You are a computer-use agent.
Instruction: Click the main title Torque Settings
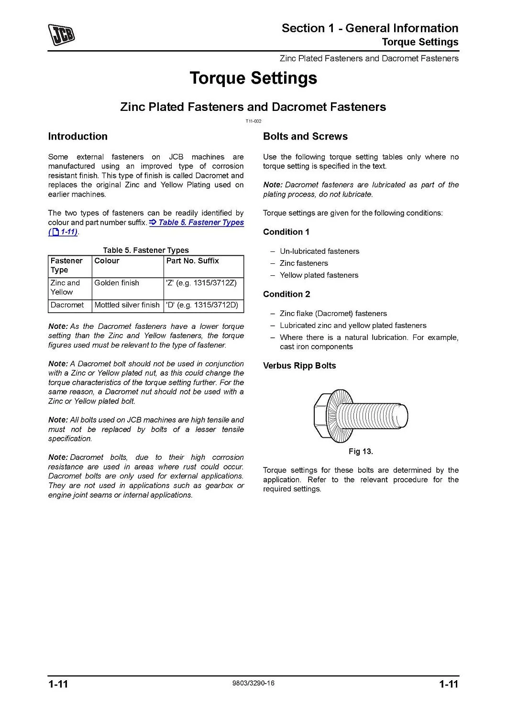tap(253, 78)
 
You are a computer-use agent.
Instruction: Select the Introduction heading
tap(77, 136)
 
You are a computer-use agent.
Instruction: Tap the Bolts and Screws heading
tap(305, 136)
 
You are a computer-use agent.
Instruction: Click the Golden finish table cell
tap(117, 283)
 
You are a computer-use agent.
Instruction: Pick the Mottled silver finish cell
tap(127, 305)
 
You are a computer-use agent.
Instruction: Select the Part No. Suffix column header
tap(192, 261)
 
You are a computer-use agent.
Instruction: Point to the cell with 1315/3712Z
tap(201, 283)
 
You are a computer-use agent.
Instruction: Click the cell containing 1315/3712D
tap(202, 305)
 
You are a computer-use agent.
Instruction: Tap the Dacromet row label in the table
tap(67, 305)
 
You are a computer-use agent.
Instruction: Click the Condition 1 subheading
tap(286, 232)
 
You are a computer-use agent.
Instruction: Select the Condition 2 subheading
tap(286, 294)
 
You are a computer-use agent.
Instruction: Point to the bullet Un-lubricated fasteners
tap(320, 251)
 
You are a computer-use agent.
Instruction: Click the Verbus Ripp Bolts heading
tap(299, 366)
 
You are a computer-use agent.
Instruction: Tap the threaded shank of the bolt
tap(378, 416)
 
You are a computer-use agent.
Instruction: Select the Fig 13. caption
tap(361, 451)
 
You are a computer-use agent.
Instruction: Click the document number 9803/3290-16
tap(253, 683)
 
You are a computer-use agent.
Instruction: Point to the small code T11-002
tap(253, 121)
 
